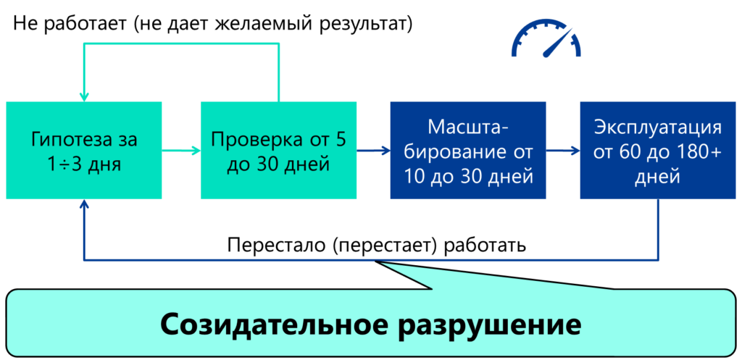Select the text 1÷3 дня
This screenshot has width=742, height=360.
pyautogui.click(x=84, y=164)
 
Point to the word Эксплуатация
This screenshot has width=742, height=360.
pyautogui.click(x=657, y=128)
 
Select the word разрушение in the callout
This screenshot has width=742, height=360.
pyautogui.click(x=490, y=324)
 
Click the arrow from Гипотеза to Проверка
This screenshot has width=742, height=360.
pyautogui.click(x=180, y=151)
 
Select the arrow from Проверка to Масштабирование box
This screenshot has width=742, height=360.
pyautogui.click(x=373, y=151)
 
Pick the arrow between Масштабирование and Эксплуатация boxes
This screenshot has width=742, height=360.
pyautogui.click(x=563, y=151)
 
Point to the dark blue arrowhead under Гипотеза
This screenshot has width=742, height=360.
pyautogui.click(x=85, y=206)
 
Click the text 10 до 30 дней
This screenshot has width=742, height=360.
pyautogui.click(x=467, y=176)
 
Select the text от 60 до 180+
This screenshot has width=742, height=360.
pyautogui.click(x=657, y=152)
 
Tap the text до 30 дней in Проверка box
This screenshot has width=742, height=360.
pyautogui.click(x=278, y=164)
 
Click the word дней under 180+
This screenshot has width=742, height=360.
pyautogui.click(x=657, y=177)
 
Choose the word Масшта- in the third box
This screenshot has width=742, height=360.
pyautogui.click(x=467, y=128)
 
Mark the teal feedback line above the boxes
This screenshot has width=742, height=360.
pyautogui.click(x=181, y=44)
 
